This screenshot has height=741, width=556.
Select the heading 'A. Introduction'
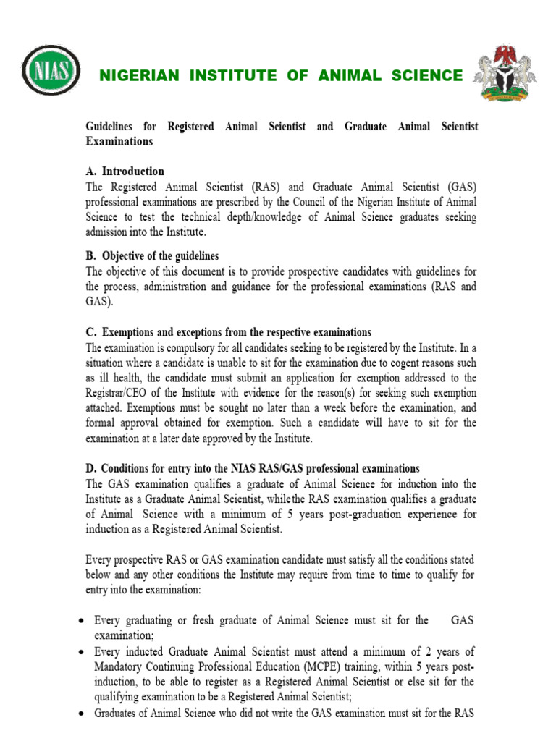[125, 172]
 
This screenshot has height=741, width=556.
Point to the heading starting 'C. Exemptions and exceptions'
[228, 332]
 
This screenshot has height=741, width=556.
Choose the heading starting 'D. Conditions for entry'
[252, 449]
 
